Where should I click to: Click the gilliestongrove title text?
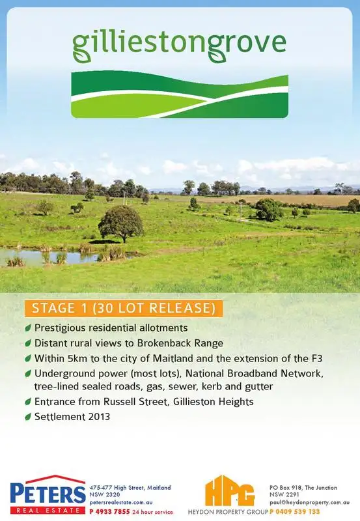click(179, 42)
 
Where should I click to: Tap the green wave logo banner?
click(179, 95)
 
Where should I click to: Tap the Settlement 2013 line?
click(72, 417)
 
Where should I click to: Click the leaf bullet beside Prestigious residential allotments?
click(28, 328)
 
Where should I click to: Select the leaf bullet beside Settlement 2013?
click(28, 417)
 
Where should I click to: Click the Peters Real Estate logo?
click(47, 495)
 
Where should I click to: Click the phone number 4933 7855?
click(112, 512)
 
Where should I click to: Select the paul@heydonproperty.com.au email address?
click(310, 503)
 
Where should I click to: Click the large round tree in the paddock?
click(120, 222)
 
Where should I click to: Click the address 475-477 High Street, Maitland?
click(130, 487)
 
